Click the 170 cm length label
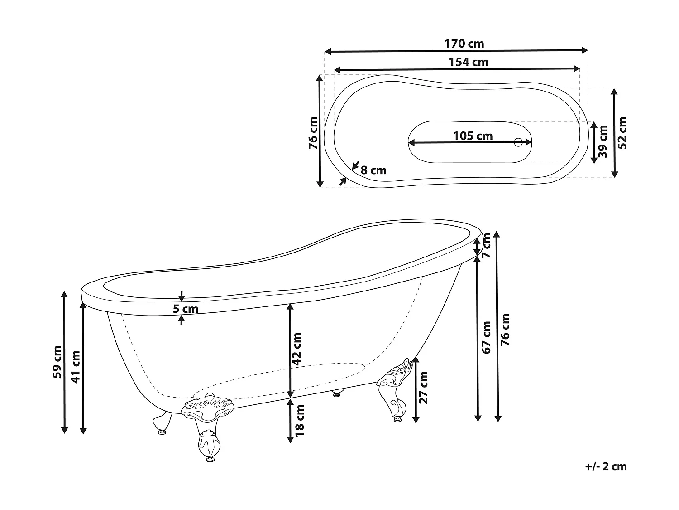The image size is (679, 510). (x=464, y=44)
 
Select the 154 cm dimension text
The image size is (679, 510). (x=469, y=62)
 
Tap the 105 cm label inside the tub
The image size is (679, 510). (x=473, y=136)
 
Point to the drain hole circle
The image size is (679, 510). (x=518, y=142)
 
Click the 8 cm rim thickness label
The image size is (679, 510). (x=374, y=170)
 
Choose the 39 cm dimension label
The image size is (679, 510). (x=603, y=142)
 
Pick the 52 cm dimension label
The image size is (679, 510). (x=622, y=133)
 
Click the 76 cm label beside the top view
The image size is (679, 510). (x=313, y=133)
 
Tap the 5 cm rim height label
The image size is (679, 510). (x=186, y=309)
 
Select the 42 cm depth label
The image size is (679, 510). (x=296, y=349)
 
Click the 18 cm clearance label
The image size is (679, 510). (x=300, y=420)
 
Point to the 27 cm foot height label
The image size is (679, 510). (x=423, y=388)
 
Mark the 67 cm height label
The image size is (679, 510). (x=486, y=338)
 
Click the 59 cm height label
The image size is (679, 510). (x=57, y=362)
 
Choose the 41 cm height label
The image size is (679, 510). (x=76, y=367)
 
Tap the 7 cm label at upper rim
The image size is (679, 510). (x=486, y=246)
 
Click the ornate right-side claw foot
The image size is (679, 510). (x=394, y=389)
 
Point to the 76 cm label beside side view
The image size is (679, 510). (x=505, y=330)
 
